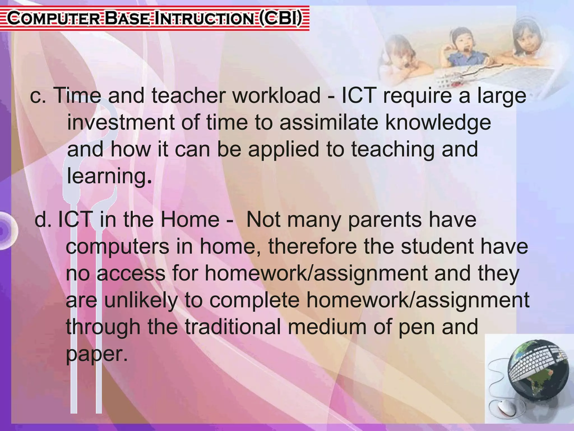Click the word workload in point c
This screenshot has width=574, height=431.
click(276, 95)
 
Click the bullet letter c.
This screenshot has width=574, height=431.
click(38, 96)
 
